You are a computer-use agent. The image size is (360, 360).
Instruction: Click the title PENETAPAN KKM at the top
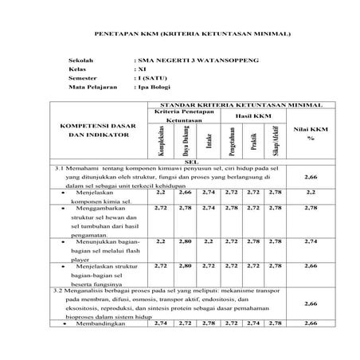[182, 35]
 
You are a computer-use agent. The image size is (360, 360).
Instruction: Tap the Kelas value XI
[142, 69]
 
